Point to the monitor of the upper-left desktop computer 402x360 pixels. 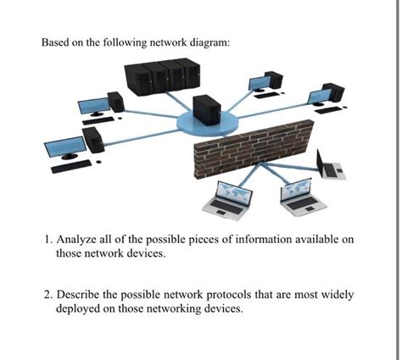(x=92, y=106)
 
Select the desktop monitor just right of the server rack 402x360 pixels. (x=258, y=83)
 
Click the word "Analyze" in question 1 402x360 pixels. (x=79, y=241)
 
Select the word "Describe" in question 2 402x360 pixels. (x=81, y=296)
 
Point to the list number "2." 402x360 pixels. (x=47, y=296)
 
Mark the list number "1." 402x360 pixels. (x=47, y=241)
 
